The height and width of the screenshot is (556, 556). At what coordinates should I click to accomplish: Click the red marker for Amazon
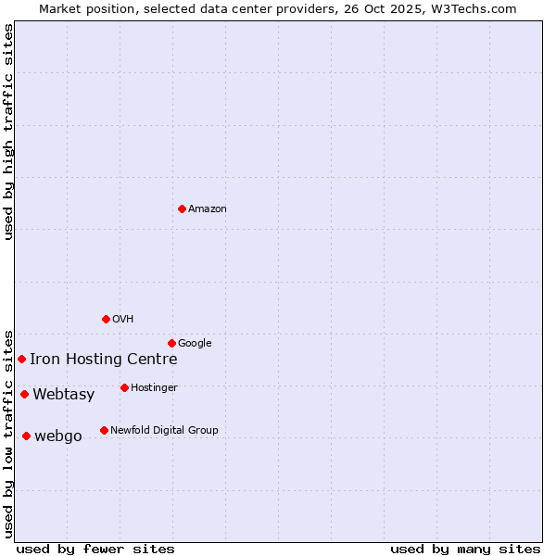[182, 208]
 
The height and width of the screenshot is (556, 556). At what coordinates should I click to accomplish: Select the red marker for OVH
[106, 319]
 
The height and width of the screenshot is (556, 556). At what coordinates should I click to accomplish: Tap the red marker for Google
[171, 343]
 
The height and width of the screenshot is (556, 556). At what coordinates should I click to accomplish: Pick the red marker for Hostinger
[124, 387]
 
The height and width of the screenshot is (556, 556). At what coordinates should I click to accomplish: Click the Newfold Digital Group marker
[104, 430]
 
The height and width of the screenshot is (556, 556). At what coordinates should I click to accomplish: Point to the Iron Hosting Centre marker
[21, 359]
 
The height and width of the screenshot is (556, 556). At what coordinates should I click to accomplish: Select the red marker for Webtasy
[24, 394]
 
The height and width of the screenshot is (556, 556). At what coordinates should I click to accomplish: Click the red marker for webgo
[26, 436]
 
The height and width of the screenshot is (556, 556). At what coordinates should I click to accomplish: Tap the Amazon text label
[207, 208]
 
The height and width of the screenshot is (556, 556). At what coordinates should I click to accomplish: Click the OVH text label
[122, 319]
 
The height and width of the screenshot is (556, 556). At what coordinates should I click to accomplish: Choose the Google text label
[195, 343]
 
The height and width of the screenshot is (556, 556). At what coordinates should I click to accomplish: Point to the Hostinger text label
[154, 387]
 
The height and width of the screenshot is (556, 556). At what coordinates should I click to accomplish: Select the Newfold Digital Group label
[164, 430]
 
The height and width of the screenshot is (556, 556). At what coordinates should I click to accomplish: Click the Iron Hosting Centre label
[103, 360]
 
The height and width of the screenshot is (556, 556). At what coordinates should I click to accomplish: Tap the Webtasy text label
[63, 395]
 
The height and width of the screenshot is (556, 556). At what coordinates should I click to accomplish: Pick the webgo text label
[57, 436]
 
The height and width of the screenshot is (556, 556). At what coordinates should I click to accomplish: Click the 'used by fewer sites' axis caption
[95, 549]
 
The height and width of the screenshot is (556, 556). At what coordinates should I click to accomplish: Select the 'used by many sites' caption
[465, 549]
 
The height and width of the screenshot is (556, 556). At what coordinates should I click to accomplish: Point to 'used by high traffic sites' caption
[8, 132]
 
